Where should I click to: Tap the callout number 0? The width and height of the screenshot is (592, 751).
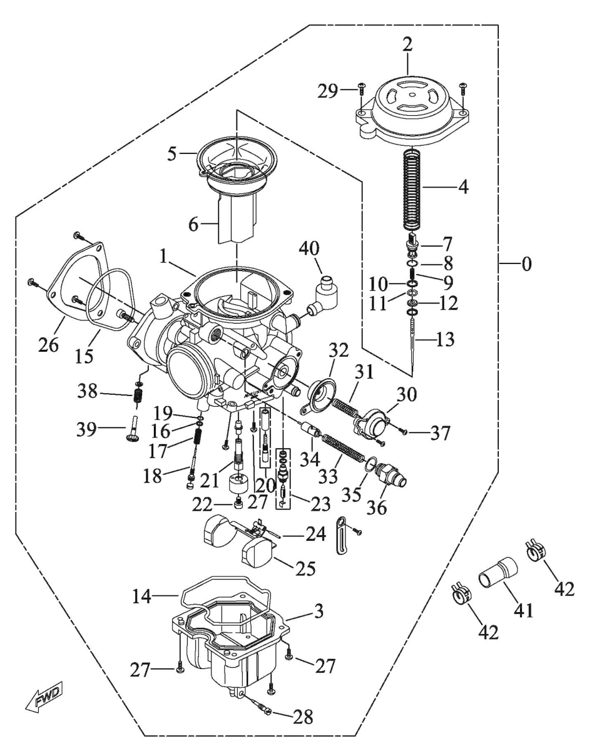[526, 264]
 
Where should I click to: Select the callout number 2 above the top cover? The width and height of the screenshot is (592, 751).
[407, 45]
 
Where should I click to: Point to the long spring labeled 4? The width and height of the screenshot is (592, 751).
[414, 188]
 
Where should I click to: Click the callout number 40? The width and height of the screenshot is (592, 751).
[309, 250]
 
